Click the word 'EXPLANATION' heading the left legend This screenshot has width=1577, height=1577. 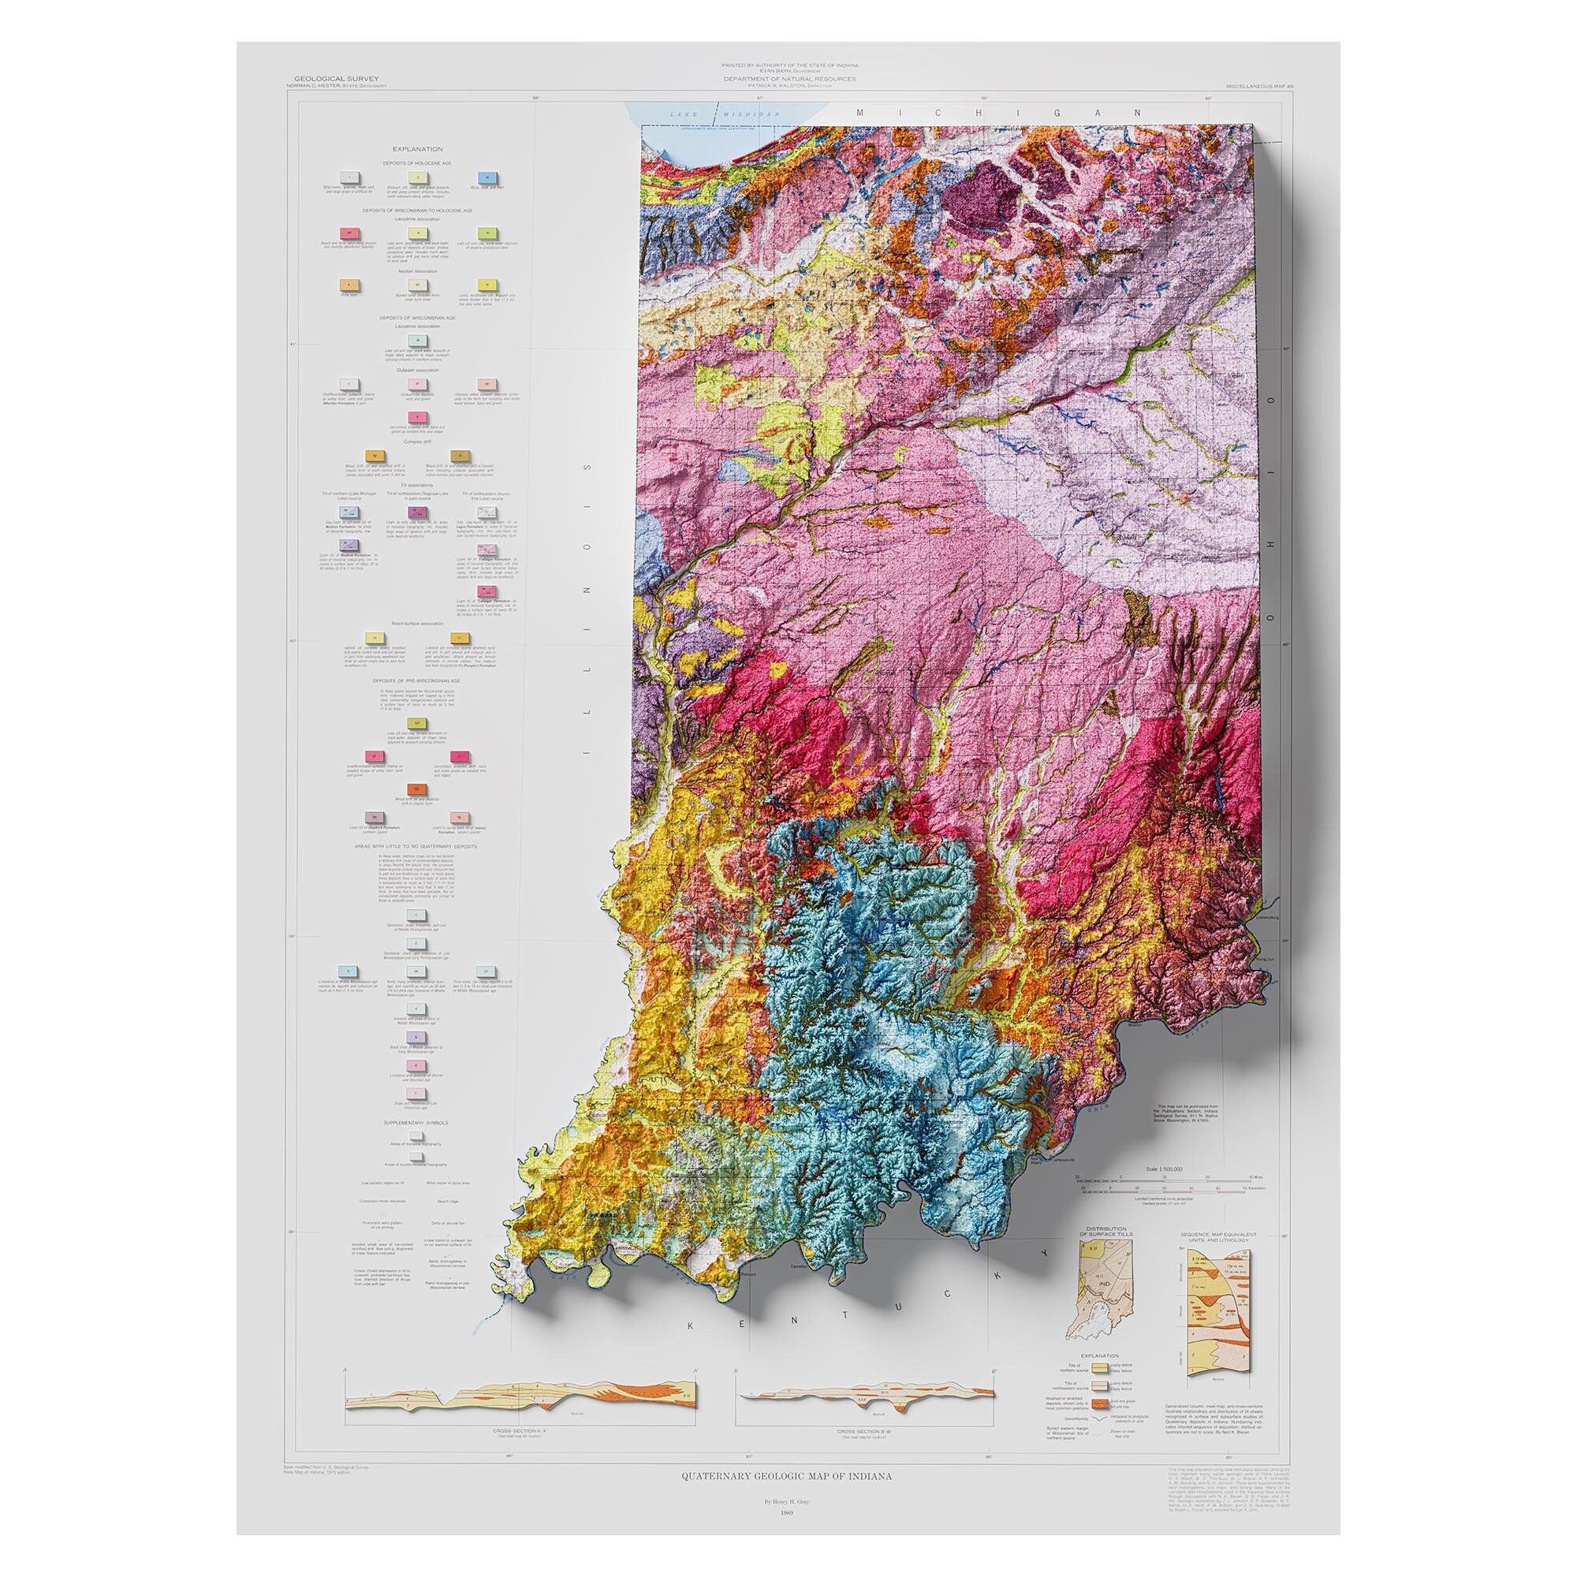tap(417, 149)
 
